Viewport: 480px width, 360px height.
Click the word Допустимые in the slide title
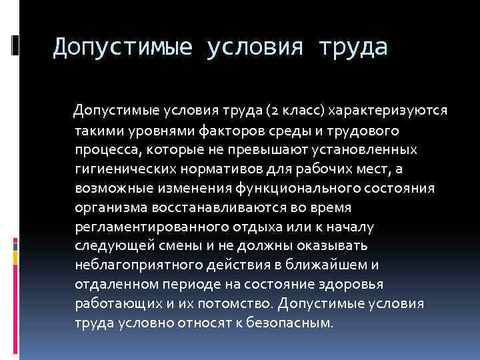tap(121, 47)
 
